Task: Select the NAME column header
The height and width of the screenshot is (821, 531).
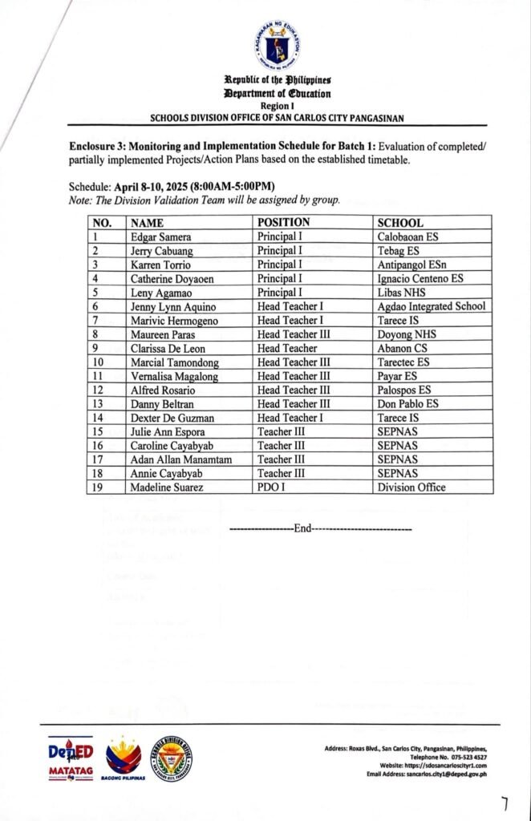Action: pos(148,223)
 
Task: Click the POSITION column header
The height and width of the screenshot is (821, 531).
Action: pos(283,222)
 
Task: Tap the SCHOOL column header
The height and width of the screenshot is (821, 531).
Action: pos(400,223)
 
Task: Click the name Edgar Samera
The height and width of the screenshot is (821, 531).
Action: pos(160,237)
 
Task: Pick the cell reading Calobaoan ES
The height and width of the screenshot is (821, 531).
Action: pos(409,237)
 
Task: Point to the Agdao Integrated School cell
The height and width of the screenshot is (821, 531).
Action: pos(432,306)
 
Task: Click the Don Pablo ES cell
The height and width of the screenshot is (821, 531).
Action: pos(407,403)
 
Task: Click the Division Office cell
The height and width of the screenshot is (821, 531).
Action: pos(411,487)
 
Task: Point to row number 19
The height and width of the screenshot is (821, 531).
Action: pos(99,487)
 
